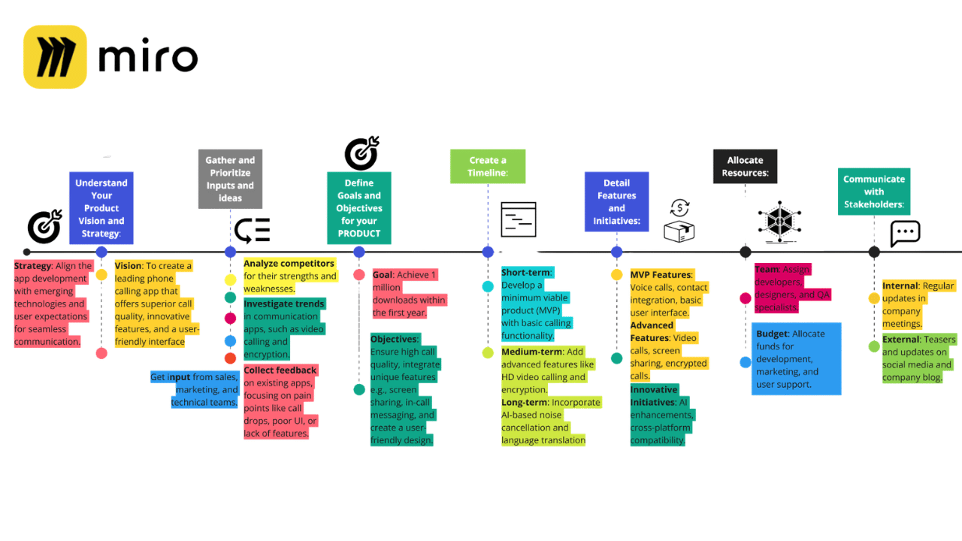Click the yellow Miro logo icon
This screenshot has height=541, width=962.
[x=55, y=57]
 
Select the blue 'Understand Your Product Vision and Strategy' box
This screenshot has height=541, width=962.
[x=101, y=208]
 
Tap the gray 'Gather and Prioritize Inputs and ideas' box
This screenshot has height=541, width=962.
[x=230, y=179]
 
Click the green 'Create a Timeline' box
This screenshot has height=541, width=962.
[x=487, y=166]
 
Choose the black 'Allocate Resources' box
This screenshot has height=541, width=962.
[x=745, y=166]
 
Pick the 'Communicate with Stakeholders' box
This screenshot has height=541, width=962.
[x=873, y=192]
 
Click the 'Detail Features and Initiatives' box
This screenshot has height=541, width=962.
[x=616, y=201]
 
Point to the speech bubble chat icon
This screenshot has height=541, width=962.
[x=905, y=233]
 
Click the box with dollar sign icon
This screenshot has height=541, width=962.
[x=679, y=221]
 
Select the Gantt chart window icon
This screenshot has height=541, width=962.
[x=518, y=219]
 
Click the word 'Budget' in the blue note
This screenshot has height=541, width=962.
[x=772, y=334]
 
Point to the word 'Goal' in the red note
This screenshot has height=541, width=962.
[x=382, y=275]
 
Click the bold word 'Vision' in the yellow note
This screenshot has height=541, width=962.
[x=128, y=266]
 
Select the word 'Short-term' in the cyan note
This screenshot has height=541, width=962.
[x=527, y=272]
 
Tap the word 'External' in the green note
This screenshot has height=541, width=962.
[x=900, y=340]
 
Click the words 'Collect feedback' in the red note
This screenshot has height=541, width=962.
[x=280, y=370]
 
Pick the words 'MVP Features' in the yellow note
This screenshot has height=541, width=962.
[x=661, y=275]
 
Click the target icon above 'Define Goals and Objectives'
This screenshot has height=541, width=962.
[x=362, y=153]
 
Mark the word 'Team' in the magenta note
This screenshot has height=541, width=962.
[x=767, y=269]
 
